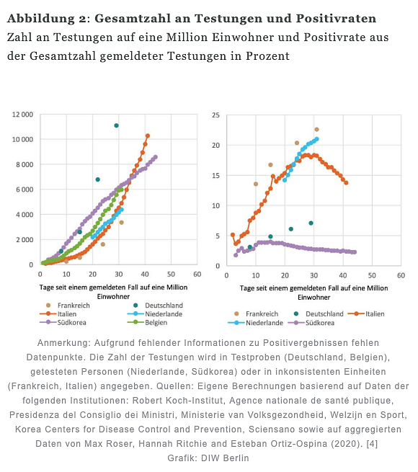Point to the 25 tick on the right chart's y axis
click(215, 115)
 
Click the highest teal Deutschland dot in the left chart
click(116, 125)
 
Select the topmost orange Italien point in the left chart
click(148, 135)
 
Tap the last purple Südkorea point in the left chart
click(156, 157)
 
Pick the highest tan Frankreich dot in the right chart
click(316, 130)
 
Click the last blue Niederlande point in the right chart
click(316, 139)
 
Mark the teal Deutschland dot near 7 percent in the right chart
click(311, 223)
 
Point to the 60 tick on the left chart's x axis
click(197, 275)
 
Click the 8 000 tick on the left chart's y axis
click(23, 164)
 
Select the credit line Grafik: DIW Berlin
click(208, 458)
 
